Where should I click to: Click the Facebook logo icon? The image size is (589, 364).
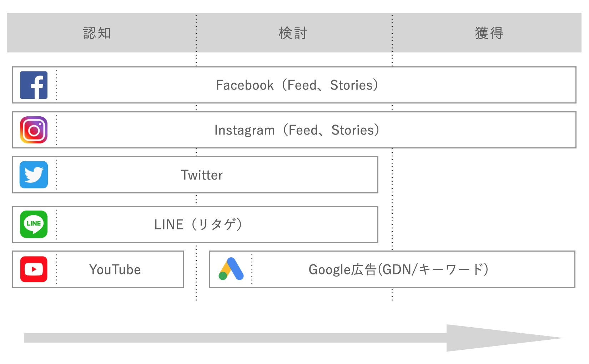click(34, 85)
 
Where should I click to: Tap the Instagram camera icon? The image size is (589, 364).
click(34, 130)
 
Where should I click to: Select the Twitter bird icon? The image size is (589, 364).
click(34, 175)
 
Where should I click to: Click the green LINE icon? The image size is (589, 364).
click(34, 224)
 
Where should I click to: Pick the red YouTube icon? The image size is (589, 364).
click(34, 269)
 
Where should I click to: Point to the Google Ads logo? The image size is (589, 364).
click(231, 269)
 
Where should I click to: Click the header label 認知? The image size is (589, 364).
click(97, 33)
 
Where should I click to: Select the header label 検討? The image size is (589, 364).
click(293, 33)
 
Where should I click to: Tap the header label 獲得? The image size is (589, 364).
click(489, 33)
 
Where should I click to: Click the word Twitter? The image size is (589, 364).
click(202, 175)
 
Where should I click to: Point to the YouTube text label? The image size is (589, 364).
click(115, 270)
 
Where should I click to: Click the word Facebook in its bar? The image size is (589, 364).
click(245, 85)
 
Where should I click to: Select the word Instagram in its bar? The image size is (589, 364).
click(245, 130)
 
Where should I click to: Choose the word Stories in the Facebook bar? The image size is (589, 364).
click(351, 85)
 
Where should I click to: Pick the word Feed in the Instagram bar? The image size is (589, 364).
click(303, 130)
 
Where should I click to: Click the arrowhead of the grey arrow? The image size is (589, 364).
click(500, 338)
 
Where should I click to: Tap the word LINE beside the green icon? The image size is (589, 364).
click(168, 224)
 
